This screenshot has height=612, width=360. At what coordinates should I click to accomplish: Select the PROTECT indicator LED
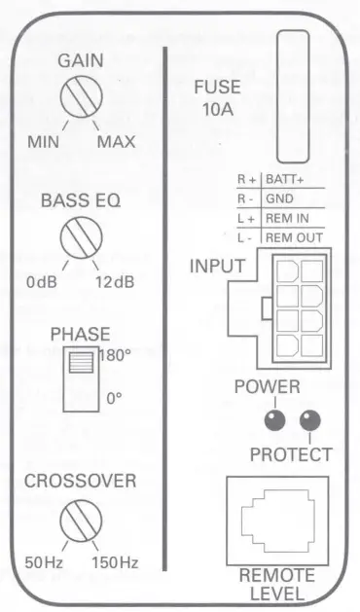310,420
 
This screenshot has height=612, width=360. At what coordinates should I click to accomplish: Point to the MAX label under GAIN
116,142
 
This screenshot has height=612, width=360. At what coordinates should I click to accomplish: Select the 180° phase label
114,356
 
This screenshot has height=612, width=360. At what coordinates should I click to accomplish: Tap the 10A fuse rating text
217,109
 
